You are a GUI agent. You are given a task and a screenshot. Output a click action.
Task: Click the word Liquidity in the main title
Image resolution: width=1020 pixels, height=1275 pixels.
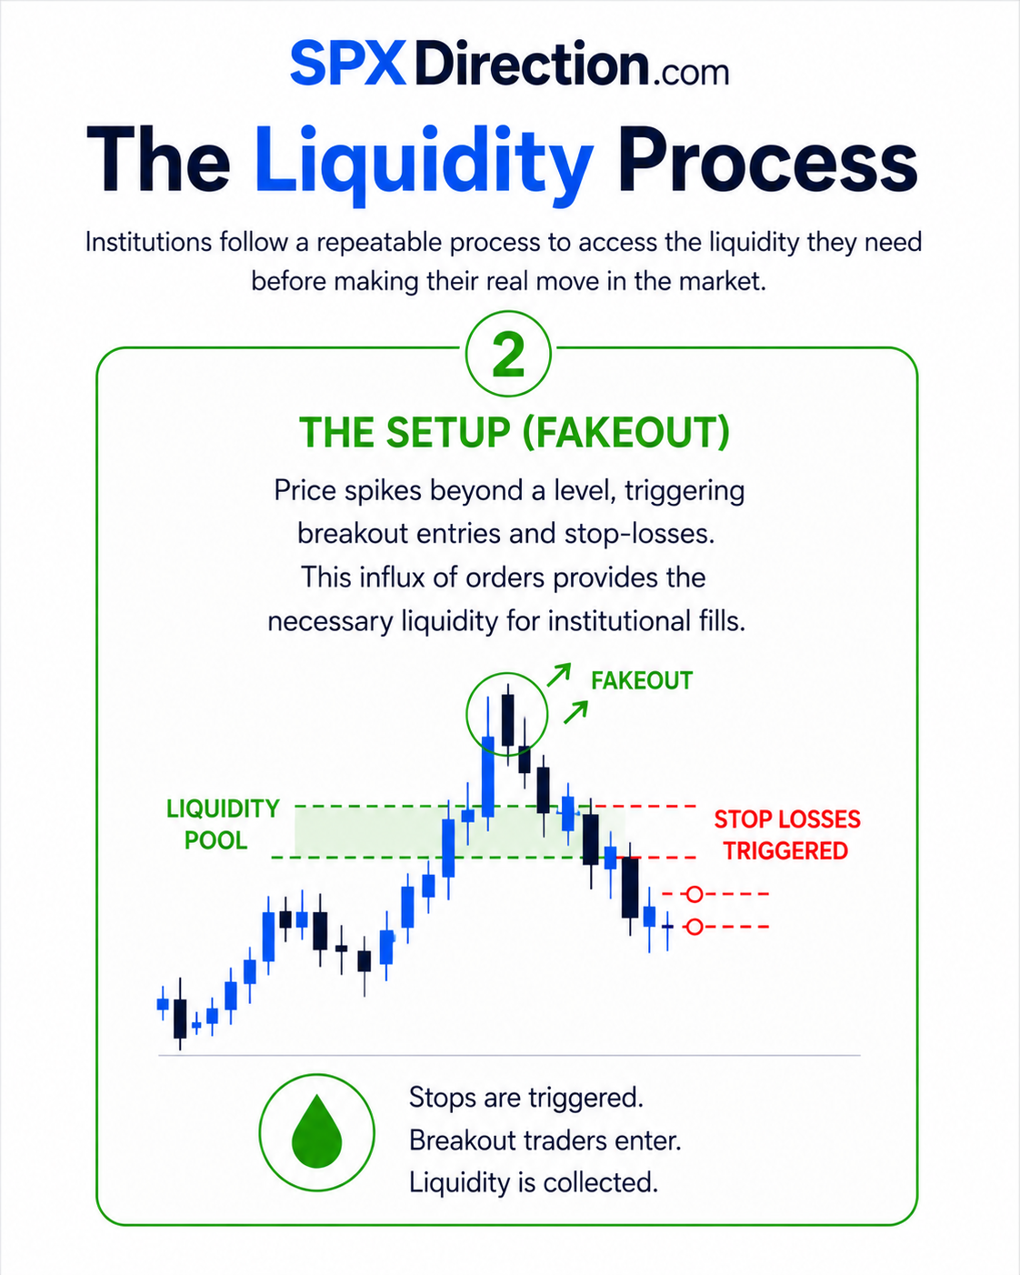[x=425, y=164]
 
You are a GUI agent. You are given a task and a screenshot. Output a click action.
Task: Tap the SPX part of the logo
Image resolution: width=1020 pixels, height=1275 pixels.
[x=348, y=63]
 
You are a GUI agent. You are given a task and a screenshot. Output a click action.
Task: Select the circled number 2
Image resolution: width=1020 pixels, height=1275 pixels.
[x=508, y=355]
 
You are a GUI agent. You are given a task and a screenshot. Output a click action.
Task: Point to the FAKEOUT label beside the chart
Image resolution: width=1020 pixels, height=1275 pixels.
[x=642, y=681]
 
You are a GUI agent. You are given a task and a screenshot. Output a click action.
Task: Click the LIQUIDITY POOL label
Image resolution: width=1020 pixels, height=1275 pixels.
[x=223, y=825]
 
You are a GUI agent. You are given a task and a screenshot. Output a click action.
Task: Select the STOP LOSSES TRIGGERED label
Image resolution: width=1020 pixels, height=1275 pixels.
[x=786, y=836]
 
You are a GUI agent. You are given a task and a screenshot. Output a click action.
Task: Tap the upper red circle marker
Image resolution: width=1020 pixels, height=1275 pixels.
[x=695, y=894]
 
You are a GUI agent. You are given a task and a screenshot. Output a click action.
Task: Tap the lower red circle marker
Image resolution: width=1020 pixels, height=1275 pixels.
[x=695, y=927]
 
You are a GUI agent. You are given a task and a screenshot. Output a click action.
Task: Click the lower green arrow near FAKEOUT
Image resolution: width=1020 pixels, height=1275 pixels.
[x=575, y=712]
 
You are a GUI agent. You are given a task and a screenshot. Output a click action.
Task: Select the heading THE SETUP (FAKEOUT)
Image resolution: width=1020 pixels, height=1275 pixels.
[x=515, y=432]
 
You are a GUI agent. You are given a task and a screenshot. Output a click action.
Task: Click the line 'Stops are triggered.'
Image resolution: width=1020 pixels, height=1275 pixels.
[x=526, y=1098]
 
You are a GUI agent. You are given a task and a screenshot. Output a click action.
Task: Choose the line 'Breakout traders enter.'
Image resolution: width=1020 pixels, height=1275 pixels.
[x=545, y=1140]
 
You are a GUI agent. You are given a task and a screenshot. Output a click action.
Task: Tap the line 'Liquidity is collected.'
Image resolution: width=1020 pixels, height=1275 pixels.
[x=534, y=1182]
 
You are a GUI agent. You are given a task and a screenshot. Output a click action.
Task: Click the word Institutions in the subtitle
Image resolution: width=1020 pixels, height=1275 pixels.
[x=149, y=242]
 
